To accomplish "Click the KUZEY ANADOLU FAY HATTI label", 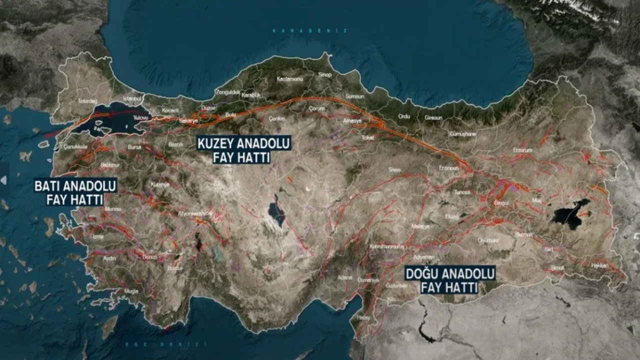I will point(244,150).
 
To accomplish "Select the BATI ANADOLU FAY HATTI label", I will point(75,192).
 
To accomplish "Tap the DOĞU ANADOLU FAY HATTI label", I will point(450,280).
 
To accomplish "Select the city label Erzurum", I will point(522,150).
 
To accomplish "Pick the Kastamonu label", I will point(287,79).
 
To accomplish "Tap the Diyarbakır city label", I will point(488,240).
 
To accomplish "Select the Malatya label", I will point(420,226).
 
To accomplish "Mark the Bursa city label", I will point(134,147).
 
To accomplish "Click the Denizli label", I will point(149,256).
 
